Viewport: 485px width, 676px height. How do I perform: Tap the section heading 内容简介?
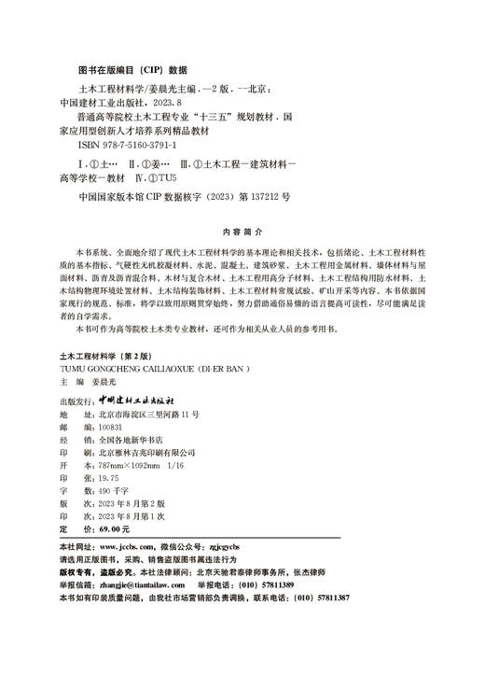[x=242, y=229]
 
